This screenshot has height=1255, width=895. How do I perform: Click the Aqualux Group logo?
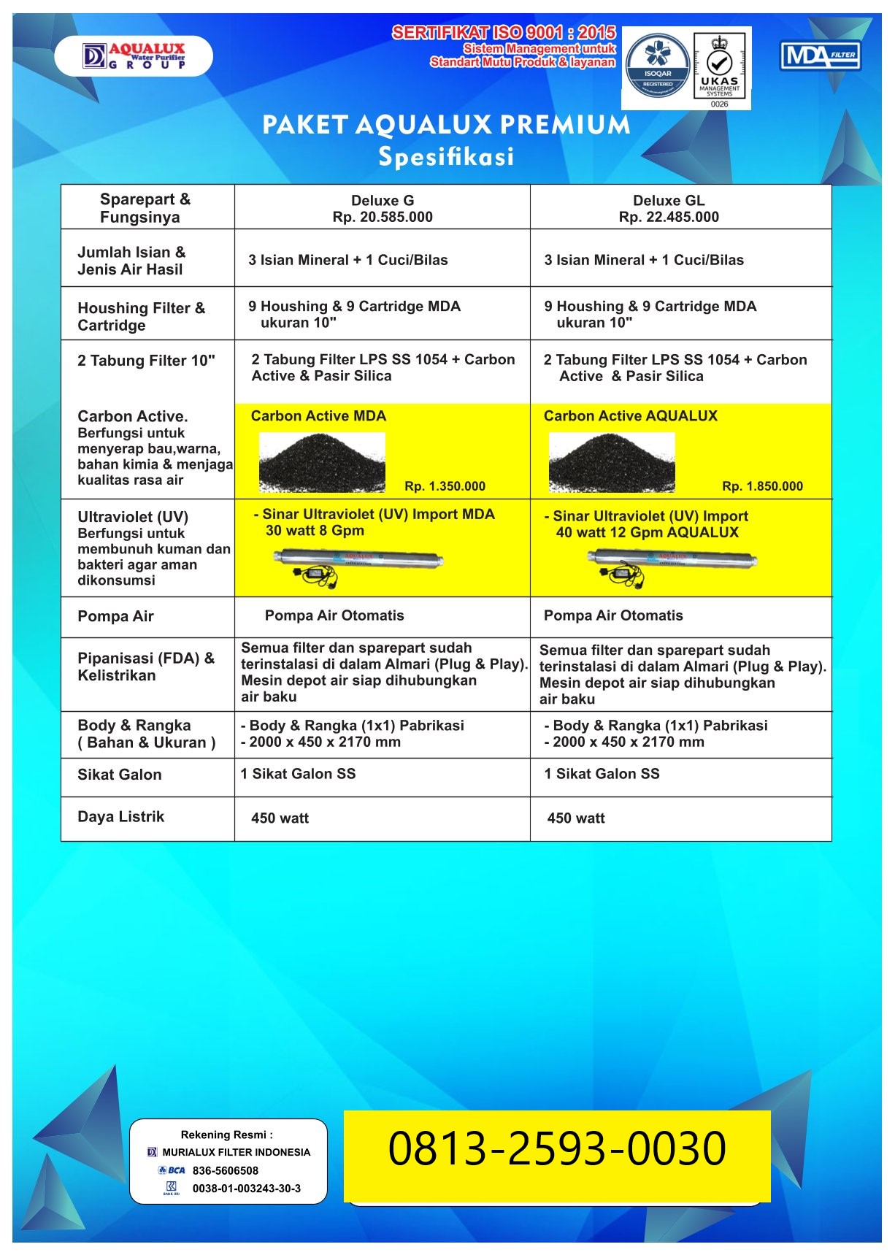pos(134,56)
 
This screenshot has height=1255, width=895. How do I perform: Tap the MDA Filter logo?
pos(821,55)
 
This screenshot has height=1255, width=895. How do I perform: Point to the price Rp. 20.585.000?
pos(383,217)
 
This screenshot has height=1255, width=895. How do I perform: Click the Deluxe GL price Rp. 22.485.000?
pos(669,217)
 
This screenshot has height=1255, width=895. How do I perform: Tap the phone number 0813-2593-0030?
pos(557,1148)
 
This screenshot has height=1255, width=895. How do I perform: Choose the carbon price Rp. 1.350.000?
pos(445,486)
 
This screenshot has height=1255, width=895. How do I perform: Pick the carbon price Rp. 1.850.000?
pos(762,486)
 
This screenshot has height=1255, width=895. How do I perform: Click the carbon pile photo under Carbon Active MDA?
pos(322,462)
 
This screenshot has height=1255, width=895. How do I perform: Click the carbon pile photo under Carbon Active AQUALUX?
pos(612,462)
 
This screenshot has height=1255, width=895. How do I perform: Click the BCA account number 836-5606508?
pos(225,1170)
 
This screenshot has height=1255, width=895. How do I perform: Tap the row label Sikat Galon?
pos(120,775)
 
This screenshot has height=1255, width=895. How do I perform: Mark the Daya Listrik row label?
pos(121,817)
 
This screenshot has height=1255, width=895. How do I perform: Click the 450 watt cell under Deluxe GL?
pos(576,818)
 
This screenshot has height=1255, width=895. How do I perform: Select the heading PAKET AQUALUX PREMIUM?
pos(446,125)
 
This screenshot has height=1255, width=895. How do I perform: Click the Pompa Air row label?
pos(115,616)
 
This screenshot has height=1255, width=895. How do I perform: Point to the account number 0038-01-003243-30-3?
pos(246,1189)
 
